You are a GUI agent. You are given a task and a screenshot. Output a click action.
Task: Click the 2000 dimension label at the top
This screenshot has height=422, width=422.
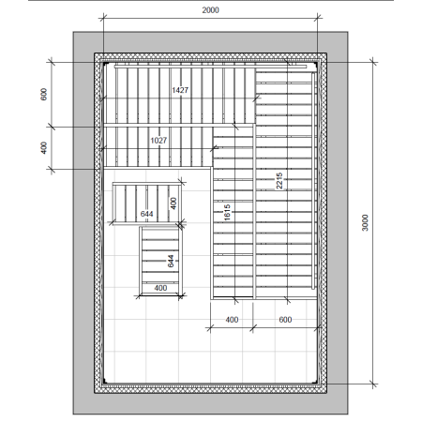210,10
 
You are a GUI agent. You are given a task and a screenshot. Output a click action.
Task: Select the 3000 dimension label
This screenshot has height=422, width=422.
365,223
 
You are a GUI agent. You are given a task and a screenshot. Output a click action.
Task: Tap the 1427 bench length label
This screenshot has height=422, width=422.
180,90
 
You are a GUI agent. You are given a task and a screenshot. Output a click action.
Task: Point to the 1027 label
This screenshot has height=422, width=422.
158,141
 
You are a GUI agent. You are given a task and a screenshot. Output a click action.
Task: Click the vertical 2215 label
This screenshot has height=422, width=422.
279,181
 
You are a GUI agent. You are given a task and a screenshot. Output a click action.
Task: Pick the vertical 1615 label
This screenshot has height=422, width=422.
227,212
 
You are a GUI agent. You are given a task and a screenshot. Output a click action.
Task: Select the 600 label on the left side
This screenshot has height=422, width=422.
44,95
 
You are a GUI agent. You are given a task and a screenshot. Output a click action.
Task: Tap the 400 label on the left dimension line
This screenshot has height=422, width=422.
44,148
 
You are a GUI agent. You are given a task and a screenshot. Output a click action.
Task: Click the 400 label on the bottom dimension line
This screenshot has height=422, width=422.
232,320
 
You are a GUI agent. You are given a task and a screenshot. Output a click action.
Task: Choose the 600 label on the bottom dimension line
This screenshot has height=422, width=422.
285,320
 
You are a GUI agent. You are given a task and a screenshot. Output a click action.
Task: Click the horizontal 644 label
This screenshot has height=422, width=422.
146,214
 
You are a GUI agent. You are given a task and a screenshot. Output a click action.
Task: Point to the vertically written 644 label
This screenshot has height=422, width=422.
171,262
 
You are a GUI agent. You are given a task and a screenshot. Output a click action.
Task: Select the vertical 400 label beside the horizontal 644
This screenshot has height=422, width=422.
173,203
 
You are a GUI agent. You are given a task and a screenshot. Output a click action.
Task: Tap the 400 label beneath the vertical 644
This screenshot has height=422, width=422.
160,288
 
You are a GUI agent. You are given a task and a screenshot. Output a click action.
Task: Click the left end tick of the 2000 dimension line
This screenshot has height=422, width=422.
103,18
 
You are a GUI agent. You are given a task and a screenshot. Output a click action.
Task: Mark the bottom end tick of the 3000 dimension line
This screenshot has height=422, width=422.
372,384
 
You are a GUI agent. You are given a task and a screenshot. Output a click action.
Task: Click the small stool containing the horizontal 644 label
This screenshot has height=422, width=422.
147,203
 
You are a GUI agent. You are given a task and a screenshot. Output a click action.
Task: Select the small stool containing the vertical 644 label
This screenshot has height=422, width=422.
160,261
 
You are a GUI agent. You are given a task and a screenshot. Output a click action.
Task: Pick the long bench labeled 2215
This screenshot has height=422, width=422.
285,181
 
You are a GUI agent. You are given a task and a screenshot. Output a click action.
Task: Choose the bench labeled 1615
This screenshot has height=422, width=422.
233,211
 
